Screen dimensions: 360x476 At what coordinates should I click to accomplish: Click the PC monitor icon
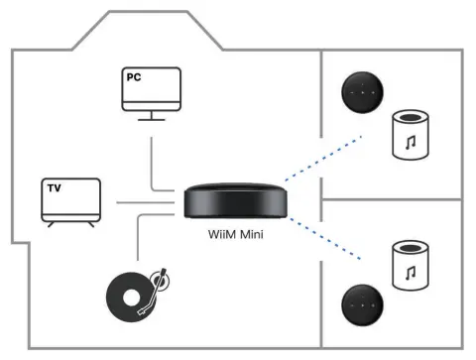coord(151,90)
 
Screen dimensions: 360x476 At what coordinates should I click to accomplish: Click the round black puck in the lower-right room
coord(362,304)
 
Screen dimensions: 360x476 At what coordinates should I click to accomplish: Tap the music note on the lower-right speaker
coord(410,268)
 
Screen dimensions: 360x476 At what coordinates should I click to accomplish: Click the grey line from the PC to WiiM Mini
coord(152,164)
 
